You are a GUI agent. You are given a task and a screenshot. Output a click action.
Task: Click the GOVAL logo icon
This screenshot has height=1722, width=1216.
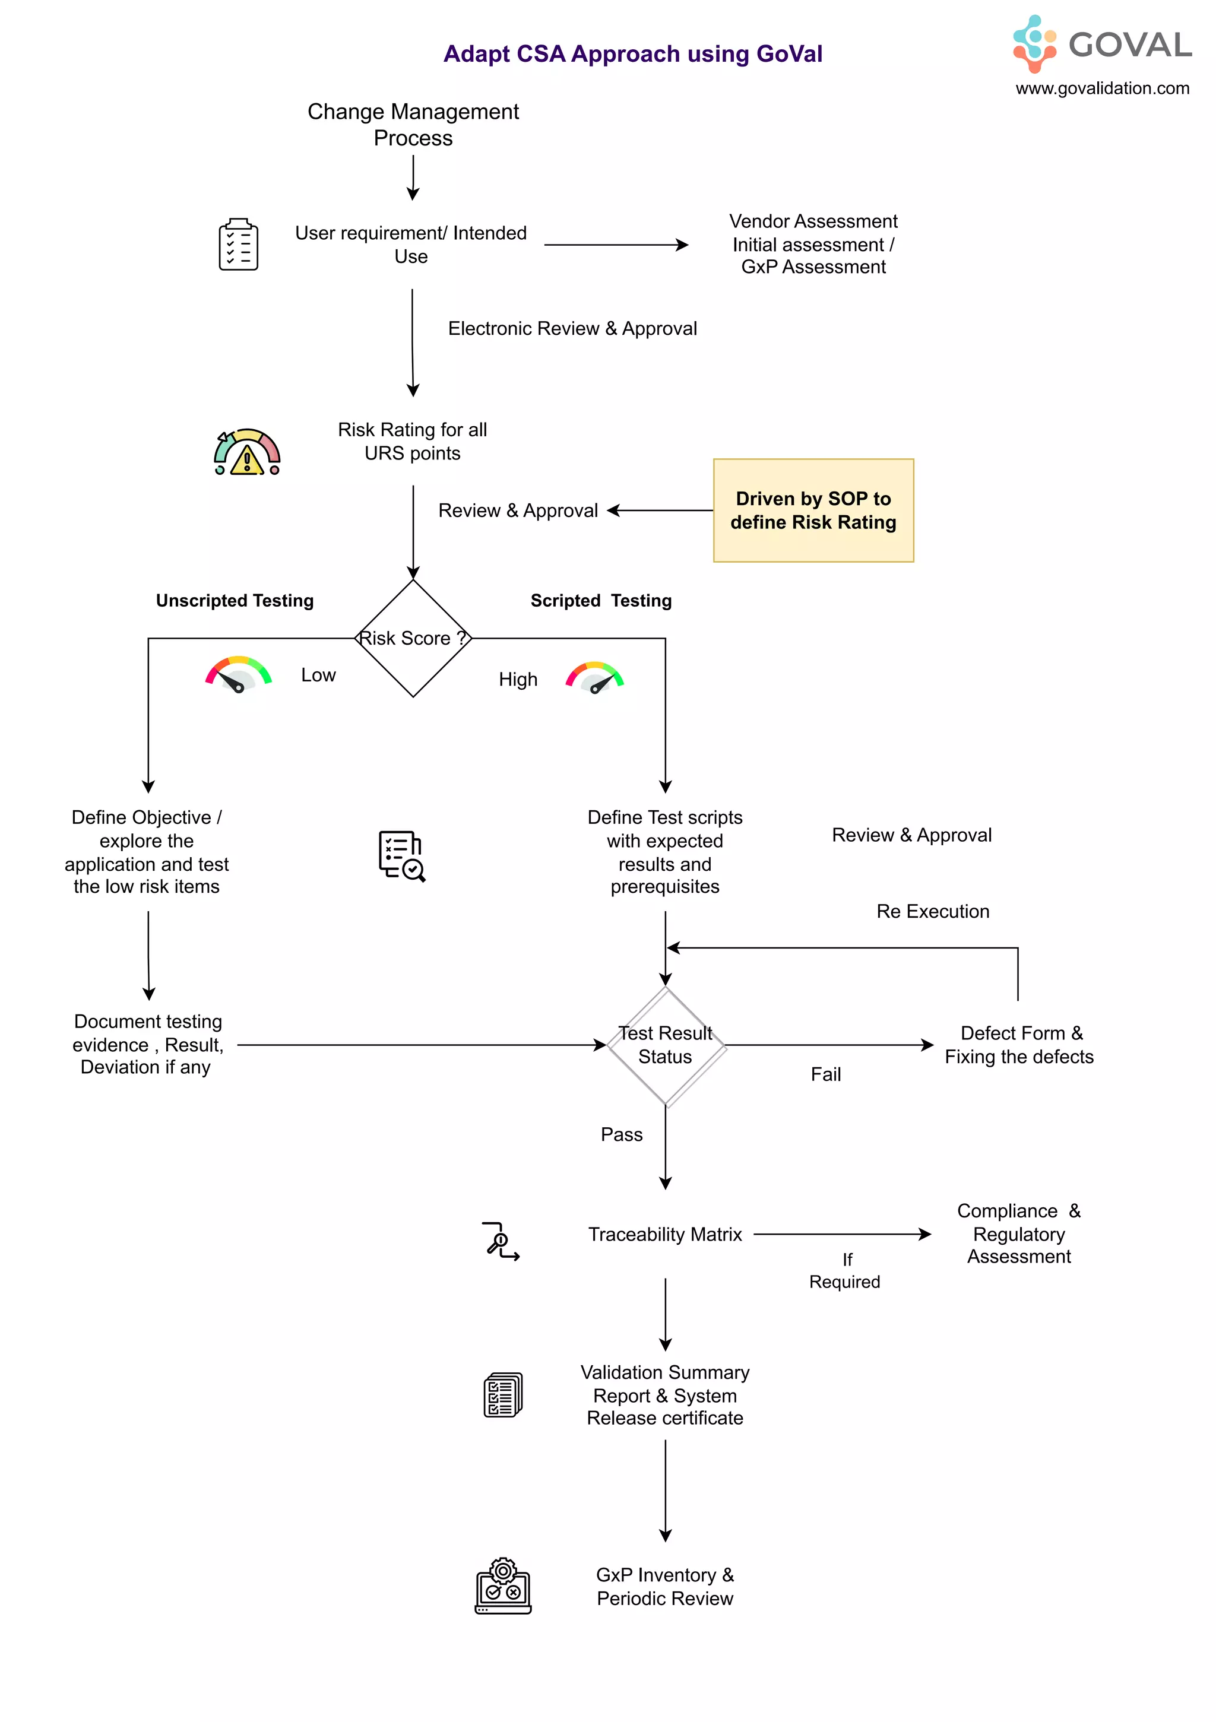(1034, 43)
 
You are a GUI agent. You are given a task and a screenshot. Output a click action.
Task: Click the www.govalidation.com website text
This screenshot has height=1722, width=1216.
(1101, 88)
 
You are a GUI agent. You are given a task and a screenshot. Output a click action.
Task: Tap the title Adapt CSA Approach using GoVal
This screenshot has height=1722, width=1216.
(632, 54)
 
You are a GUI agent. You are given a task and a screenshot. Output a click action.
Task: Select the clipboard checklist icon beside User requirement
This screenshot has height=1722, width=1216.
(239, 245)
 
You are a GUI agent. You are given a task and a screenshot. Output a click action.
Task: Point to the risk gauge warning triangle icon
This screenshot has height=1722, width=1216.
(247, 453)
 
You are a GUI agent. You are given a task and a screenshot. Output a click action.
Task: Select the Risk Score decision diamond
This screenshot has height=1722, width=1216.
(413, 638)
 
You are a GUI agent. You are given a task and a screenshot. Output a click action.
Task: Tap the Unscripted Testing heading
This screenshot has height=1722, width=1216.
(235, 601)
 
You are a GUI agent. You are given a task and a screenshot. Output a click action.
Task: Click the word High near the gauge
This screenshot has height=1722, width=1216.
(518, 680)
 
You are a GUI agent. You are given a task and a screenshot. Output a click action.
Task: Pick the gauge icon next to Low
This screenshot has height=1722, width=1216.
(238, 674)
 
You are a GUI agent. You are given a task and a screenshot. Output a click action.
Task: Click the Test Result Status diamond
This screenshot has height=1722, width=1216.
(666, 1045)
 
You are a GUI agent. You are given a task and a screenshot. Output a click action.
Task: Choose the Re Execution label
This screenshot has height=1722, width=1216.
(932, 911)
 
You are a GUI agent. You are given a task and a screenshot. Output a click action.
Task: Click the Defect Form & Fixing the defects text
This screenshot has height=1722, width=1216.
(1019, 1045)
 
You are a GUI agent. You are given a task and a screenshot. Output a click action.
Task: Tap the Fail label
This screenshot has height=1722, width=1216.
(825, 1075)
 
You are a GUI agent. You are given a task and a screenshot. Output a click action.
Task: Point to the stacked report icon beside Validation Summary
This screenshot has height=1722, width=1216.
(502, 1395)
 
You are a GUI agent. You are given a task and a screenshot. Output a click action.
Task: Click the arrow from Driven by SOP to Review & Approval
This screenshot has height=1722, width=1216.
(660, 510)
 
